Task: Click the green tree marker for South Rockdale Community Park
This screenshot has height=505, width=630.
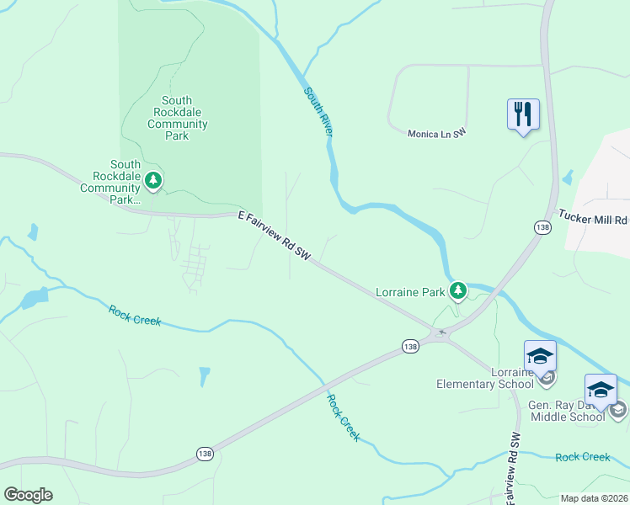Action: [x=153, y=179]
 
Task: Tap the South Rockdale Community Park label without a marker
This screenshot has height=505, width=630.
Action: [x=177, y=118]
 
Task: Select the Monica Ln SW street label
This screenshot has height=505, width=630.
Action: [x=436, y=134]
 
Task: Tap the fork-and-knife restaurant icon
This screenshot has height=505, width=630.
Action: [x=523, y=113]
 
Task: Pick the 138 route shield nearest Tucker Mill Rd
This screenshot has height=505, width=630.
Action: [x=542, y=227]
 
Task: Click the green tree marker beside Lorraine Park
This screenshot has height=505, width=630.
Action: [x=457, y=291]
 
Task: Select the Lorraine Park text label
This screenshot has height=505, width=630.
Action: [x=409, y=293]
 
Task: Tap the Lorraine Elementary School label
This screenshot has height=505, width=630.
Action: [x=484, y=378]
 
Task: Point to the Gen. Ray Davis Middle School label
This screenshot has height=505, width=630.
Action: [x=566, y=411]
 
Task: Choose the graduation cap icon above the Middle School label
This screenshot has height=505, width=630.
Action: [x=601, y=390]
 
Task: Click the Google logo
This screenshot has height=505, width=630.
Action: [x=28, y=495]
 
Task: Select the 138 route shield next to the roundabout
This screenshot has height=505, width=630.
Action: [x=410, y=347]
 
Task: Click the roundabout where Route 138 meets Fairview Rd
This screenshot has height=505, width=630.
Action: [x=440, y=334]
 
